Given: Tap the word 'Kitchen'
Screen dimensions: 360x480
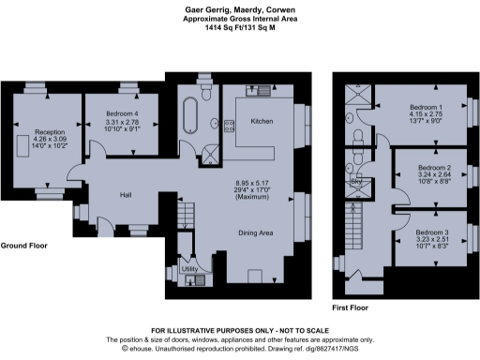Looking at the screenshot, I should [261, 122].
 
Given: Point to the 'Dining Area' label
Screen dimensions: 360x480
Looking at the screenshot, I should [254, 232].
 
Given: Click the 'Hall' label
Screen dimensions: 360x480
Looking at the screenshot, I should [125, 194].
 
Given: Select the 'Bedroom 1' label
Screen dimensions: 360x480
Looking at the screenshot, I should [427, 107].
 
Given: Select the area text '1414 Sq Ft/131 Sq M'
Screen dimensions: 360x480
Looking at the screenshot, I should [239, 28].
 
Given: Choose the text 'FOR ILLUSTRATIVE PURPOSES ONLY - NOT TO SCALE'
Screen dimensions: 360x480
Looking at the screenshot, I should [239, 331].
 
